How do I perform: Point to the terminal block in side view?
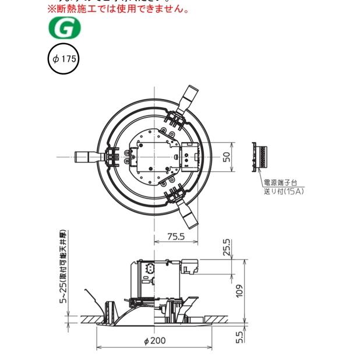[191, 265]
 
